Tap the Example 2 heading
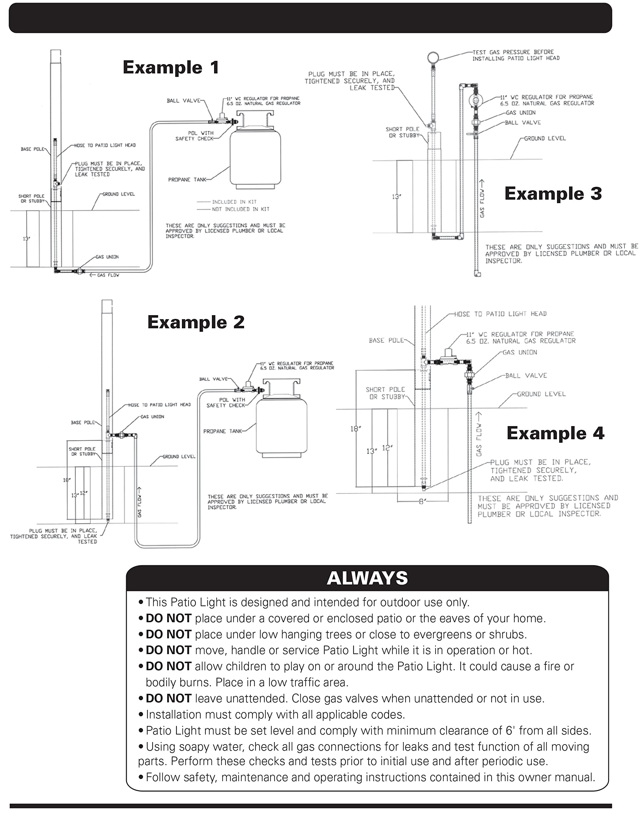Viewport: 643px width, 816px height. tap(196, 322)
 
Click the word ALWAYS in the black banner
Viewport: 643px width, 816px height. tap(367, 578)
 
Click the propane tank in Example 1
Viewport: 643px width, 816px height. tap(255, 154)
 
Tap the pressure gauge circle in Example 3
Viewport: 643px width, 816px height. tap(433, 57)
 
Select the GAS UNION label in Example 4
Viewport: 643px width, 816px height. tap(520, 353)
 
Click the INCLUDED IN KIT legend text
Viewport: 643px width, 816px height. tap(234, 202)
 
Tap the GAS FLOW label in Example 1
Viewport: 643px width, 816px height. tap(108, 275)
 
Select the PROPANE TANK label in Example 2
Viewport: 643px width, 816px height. tap(222, 431)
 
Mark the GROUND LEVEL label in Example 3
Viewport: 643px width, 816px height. tap(545, 139)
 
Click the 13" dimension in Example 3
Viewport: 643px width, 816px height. tap(396, 197)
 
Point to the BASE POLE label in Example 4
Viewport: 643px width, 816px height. tap(386, 340)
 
